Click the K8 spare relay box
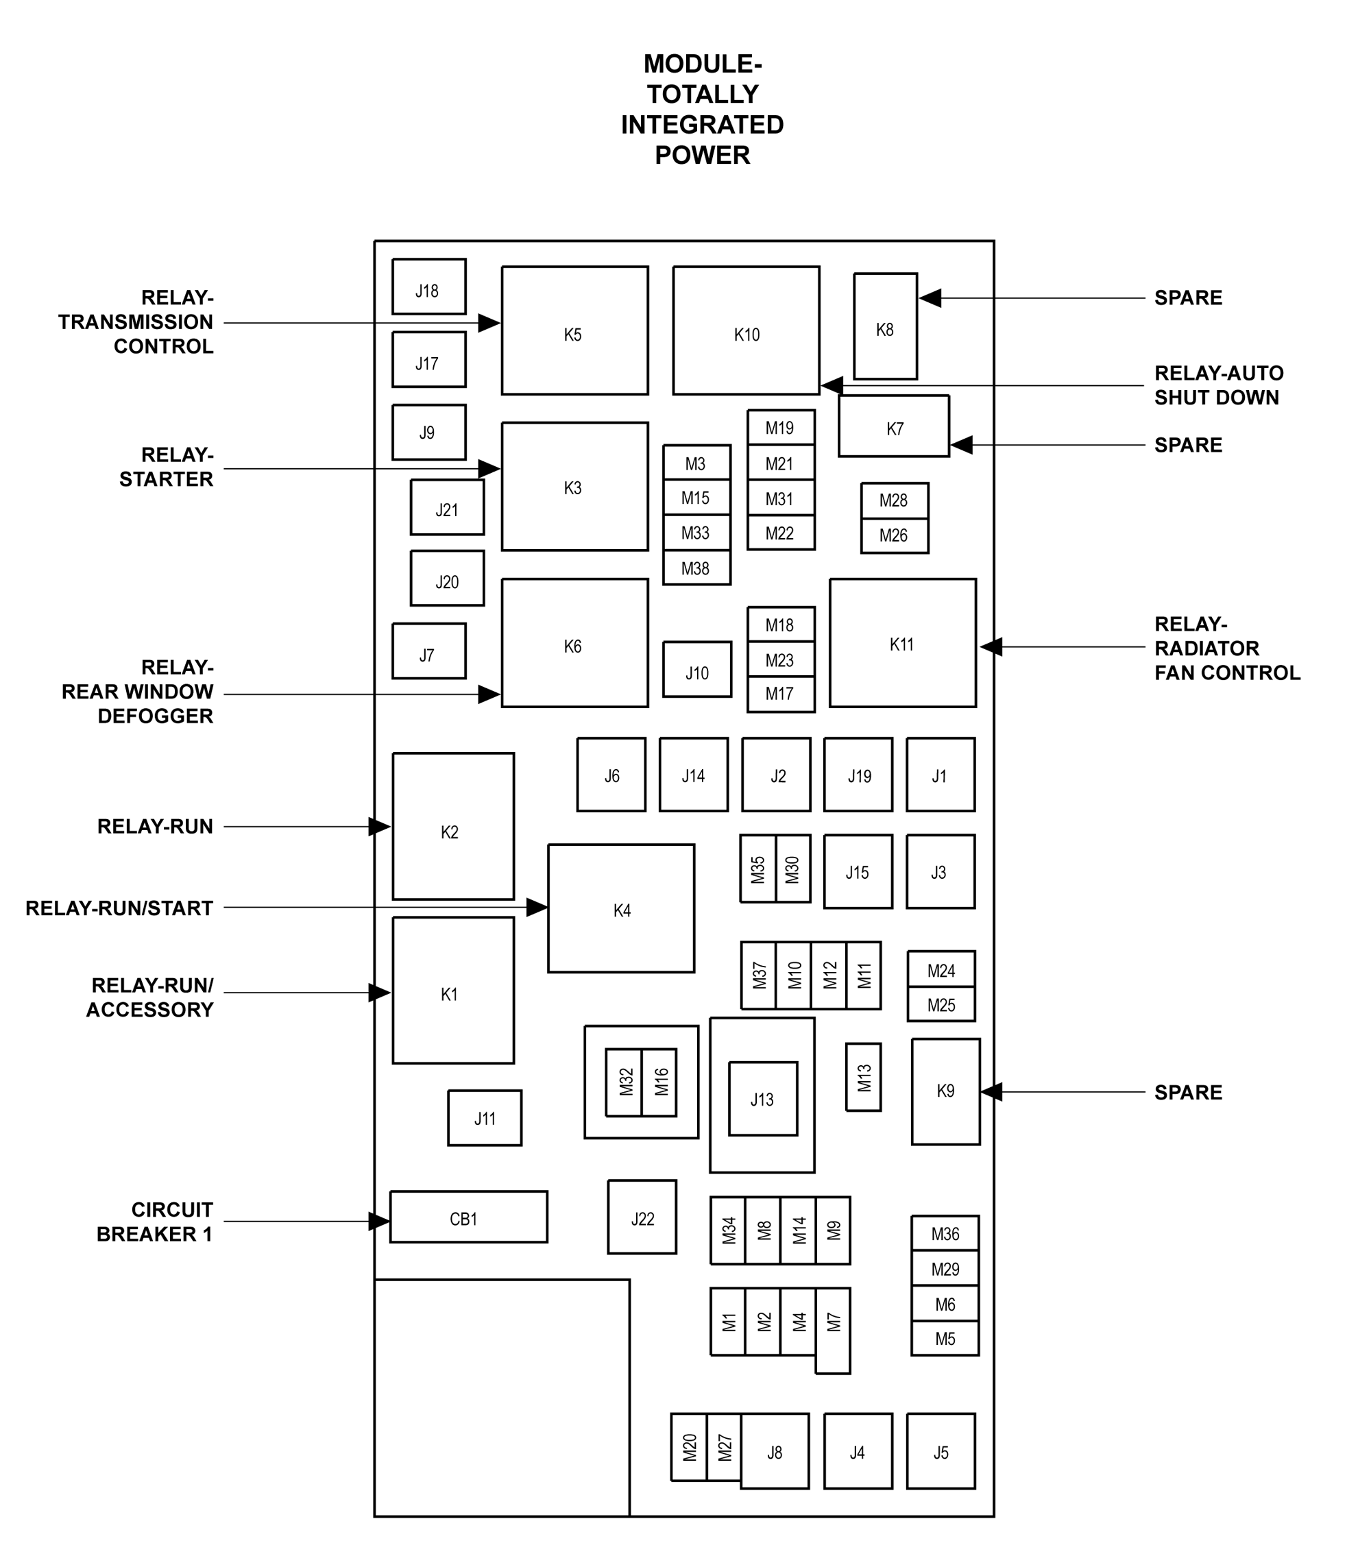tap(885, 326)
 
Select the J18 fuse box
tap(429, 287)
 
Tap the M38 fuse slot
tap(696, 568)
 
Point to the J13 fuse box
tap(763, 1099)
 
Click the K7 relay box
tap(893, 426)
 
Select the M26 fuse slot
tap(894, 536)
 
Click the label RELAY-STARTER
tap(167, 467)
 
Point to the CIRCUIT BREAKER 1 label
tap(154, 1222)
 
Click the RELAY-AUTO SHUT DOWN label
tap(1219, 385)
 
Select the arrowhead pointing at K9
tap(991, 1092)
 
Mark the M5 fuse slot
tap(945, 1339)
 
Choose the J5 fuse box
tap(941, 1450)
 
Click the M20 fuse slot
tap(689, 1447)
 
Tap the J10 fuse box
tap(696, 670)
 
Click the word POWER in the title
tap(703, 155)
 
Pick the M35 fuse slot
tap(758, 869)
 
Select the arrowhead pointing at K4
tap(537, 907)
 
